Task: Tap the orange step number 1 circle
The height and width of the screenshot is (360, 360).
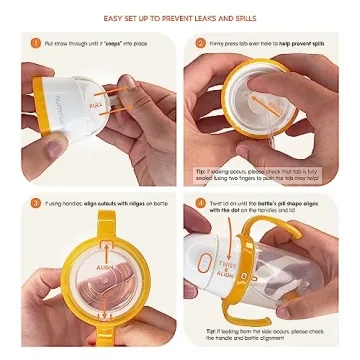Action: pyautogui.click(x=34, y=44)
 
